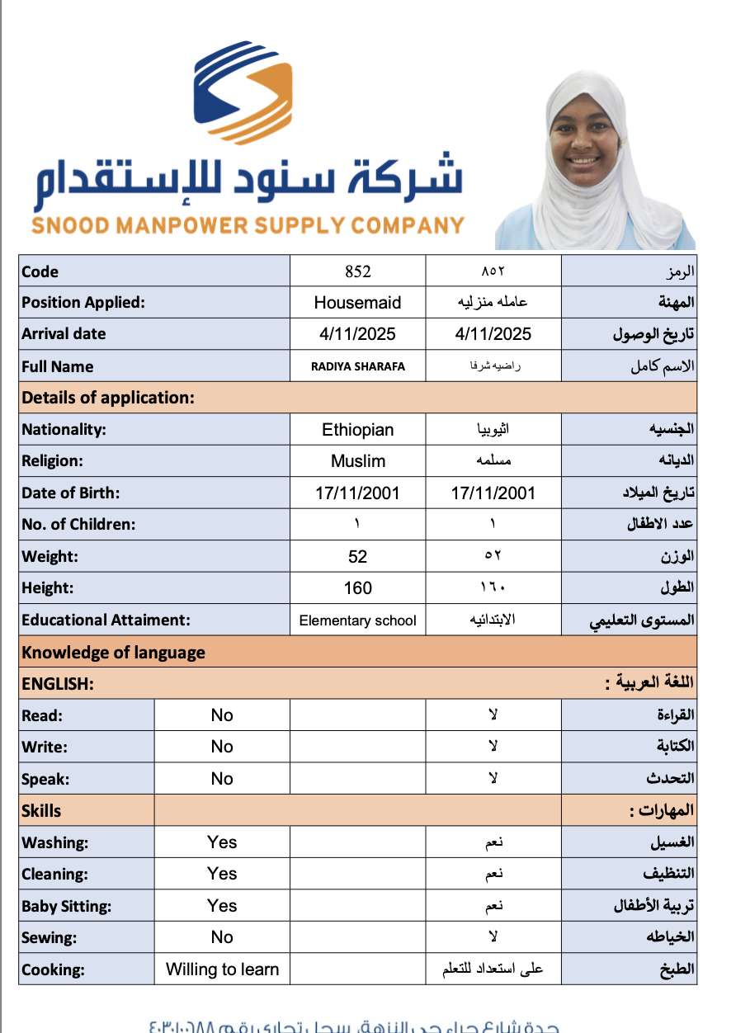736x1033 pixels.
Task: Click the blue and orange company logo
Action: pos(243,92)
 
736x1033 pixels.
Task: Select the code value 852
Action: pos(358,271)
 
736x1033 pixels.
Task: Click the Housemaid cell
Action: pos(358,303)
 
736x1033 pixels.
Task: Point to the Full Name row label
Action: pos(58,366)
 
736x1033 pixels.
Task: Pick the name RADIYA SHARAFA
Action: pos(358,366)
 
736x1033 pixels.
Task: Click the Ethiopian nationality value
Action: pos(358,430)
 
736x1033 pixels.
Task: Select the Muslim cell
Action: pos(358,461)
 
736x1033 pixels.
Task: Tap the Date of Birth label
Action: pos(71,493)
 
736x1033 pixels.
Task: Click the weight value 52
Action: pos(358,557)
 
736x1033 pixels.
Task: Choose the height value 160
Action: pos(358,588)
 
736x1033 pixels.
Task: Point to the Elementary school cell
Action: pos(358,620)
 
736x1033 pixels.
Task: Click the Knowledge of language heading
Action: pos(114,653)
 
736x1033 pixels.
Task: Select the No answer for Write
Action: pos(222,747)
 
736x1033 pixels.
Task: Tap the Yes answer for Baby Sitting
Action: pos(222,906)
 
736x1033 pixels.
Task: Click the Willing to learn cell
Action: pos(222,969)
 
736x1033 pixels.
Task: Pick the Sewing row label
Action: pos(50,937)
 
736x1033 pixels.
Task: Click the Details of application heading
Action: pos(108,398)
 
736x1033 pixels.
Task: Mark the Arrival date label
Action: pos(64,334)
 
